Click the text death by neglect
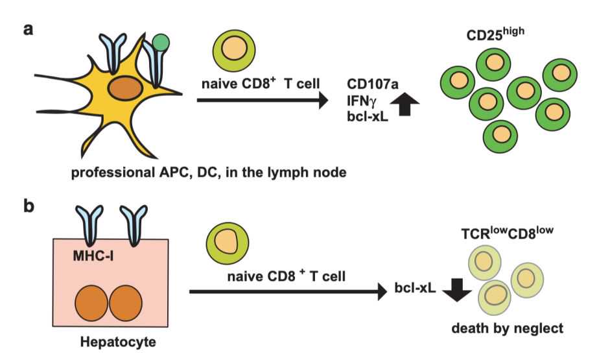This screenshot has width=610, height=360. pos(516,329)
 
